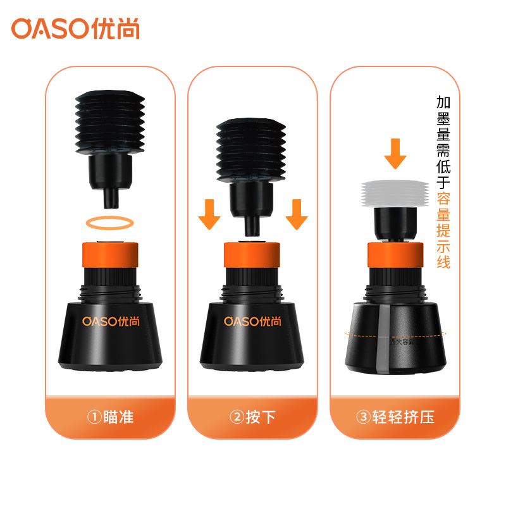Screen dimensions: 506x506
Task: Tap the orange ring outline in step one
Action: coord(110,222)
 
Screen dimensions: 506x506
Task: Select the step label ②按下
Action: coord(253,417)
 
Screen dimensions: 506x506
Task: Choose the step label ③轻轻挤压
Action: coord(396,417)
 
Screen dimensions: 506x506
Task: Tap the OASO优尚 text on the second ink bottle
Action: coord(253,321)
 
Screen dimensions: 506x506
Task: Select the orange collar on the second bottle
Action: coord(253,256)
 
